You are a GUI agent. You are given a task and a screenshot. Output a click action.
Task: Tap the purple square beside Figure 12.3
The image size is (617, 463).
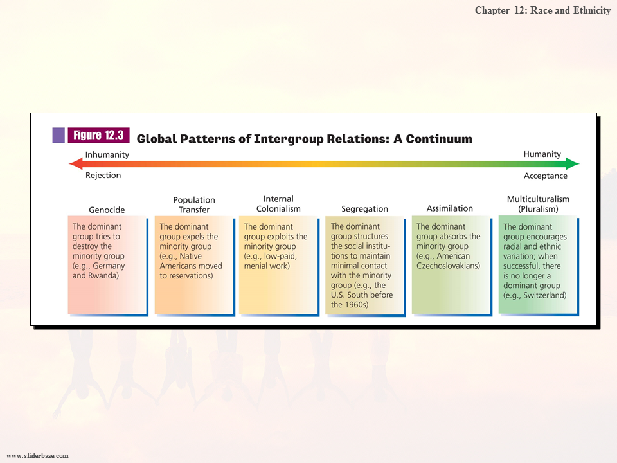[58, 135]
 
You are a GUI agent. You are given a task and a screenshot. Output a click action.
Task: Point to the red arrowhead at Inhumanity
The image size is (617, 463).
[75, 165]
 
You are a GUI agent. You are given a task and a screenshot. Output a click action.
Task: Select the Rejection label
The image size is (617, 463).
[103, 176]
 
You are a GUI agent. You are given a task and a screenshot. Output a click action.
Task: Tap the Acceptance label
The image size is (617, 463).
[546, 176]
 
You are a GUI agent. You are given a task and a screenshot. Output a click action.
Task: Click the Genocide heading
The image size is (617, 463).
[107, 210]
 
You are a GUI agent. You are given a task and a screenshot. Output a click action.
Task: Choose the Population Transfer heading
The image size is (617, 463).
[194, 204]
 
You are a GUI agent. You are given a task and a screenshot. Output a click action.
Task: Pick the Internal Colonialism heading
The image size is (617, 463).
[278, 204]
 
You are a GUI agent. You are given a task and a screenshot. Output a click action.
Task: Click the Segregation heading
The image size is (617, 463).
[364, 209]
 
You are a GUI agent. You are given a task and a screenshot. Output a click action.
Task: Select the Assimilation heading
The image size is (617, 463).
[450, 208]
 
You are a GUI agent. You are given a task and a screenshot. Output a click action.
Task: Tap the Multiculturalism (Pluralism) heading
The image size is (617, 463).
[538, 204]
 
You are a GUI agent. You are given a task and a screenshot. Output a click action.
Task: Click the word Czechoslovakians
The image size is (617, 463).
[449, 266]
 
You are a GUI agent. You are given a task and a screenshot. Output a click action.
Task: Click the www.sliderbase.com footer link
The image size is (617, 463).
[37, 455]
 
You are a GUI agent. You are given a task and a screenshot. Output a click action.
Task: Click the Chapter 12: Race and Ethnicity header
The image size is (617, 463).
[542, 10]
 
